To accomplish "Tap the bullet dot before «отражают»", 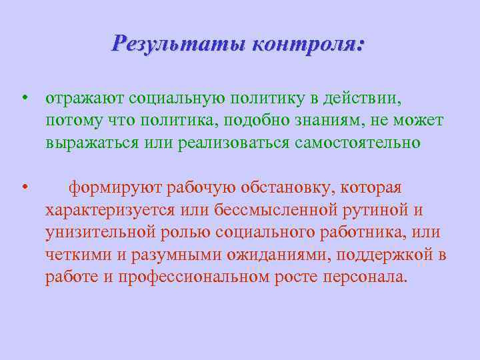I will [23, 99].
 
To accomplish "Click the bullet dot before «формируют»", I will [23, 188].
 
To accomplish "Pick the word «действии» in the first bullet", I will [363, 99].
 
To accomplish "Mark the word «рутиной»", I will [377, 211].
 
